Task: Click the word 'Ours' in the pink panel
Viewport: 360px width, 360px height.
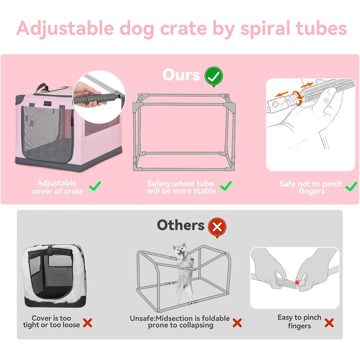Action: (x=181, y=75)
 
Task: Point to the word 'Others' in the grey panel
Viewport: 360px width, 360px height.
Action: (x=181, y=225)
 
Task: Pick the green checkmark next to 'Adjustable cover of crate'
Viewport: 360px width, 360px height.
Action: (x=95, y=186)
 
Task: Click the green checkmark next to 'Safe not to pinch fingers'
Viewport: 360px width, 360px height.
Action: (x=352, y=186)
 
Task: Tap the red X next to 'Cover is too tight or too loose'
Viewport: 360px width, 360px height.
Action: (x=88, y=323)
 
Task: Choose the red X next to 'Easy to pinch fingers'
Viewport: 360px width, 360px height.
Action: (x=329, y=323)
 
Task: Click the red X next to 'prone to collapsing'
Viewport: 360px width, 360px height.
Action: (x=237, y=323)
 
